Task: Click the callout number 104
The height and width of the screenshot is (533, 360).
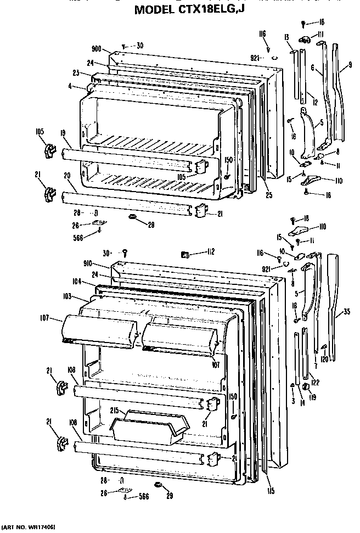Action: (76, 280)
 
